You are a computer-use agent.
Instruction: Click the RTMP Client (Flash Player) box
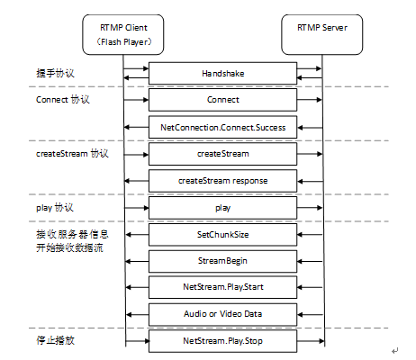pos(123,34)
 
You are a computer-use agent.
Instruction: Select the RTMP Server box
pos(322,34)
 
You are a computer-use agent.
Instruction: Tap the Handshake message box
pos(222,73)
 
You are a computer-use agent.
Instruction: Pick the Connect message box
pos(222,100)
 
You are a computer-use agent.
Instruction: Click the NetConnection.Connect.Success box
pos(222,127)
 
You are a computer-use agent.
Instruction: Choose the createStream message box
pos(222,154)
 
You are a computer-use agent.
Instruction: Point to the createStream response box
pos(222,181)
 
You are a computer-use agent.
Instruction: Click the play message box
pos(222,208)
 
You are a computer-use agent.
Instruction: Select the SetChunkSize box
pos(222,235)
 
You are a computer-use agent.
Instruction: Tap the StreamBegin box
pos(222,261)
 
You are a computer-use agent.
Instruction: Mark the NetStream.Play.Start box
pos(222,287)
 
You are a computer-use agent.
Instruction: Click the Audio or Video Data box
pos(222,314)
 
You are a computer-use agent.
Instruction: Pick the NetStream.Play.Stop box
pos(222,341)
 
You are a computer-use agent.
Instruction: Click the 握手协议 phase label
pos(55,73)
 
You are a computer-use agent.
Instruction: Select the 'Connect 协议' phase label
pos(63,100)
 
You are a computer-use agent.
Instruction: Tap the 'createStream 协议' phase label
pos(72,154)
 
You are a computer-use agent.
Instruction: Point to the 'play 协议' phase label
pos(55,208)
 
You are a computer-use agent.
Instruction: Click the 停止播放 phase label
pos(55,340)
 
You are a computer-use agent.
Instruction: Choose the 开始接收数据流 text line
pos(69,247)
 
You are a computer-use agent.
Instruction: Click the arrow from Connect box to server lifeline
pos(310,100)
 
